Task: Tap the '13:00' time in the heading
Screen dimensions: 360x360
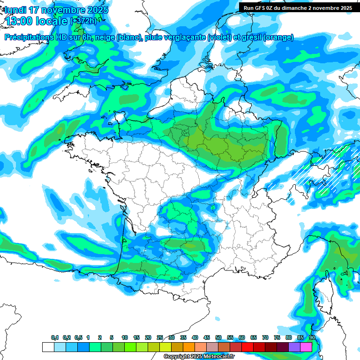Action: (x=19, y=21)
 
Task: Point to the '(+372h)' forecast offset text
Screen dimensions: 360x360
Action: (x=85, y=21)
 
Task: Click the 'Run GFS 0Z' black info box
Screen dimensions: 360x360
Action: (x=299, y=7)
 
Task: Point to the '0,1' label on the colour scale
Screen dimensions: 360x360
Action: (x=55, y=338)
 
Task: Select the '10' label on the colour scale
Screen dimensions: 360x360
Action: (x=125, y=338)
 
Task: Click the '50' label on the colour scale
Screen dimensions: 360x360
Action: (x=218, y=338)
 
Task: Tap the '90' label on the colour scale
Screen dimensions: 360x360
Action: (x=312, y=338)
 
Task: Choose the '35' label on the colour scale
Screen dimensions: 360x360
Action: (x=183, y=338)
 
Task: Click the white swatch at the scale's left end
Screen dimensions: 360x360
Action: (x=48, y=347)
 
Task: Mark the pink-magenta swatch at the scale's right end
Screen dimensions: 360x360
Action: (x=306, y=347)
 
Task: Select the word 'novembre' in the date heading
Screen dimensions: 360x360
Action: (x=62, y=10)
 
